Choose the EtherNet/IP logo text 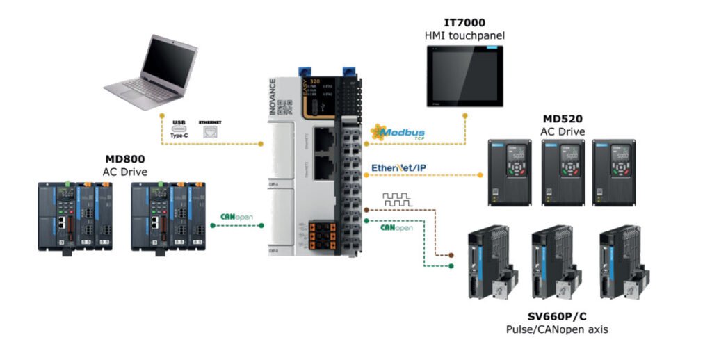pyautogui.click(x=399, y=167)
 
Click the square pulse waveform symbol pyautogui.click(x=397, y=199)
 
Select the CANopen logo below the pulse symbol pyautogui.click(x=396, y=227)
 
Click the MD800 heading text pyautogui.click(x=124, y=161)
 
